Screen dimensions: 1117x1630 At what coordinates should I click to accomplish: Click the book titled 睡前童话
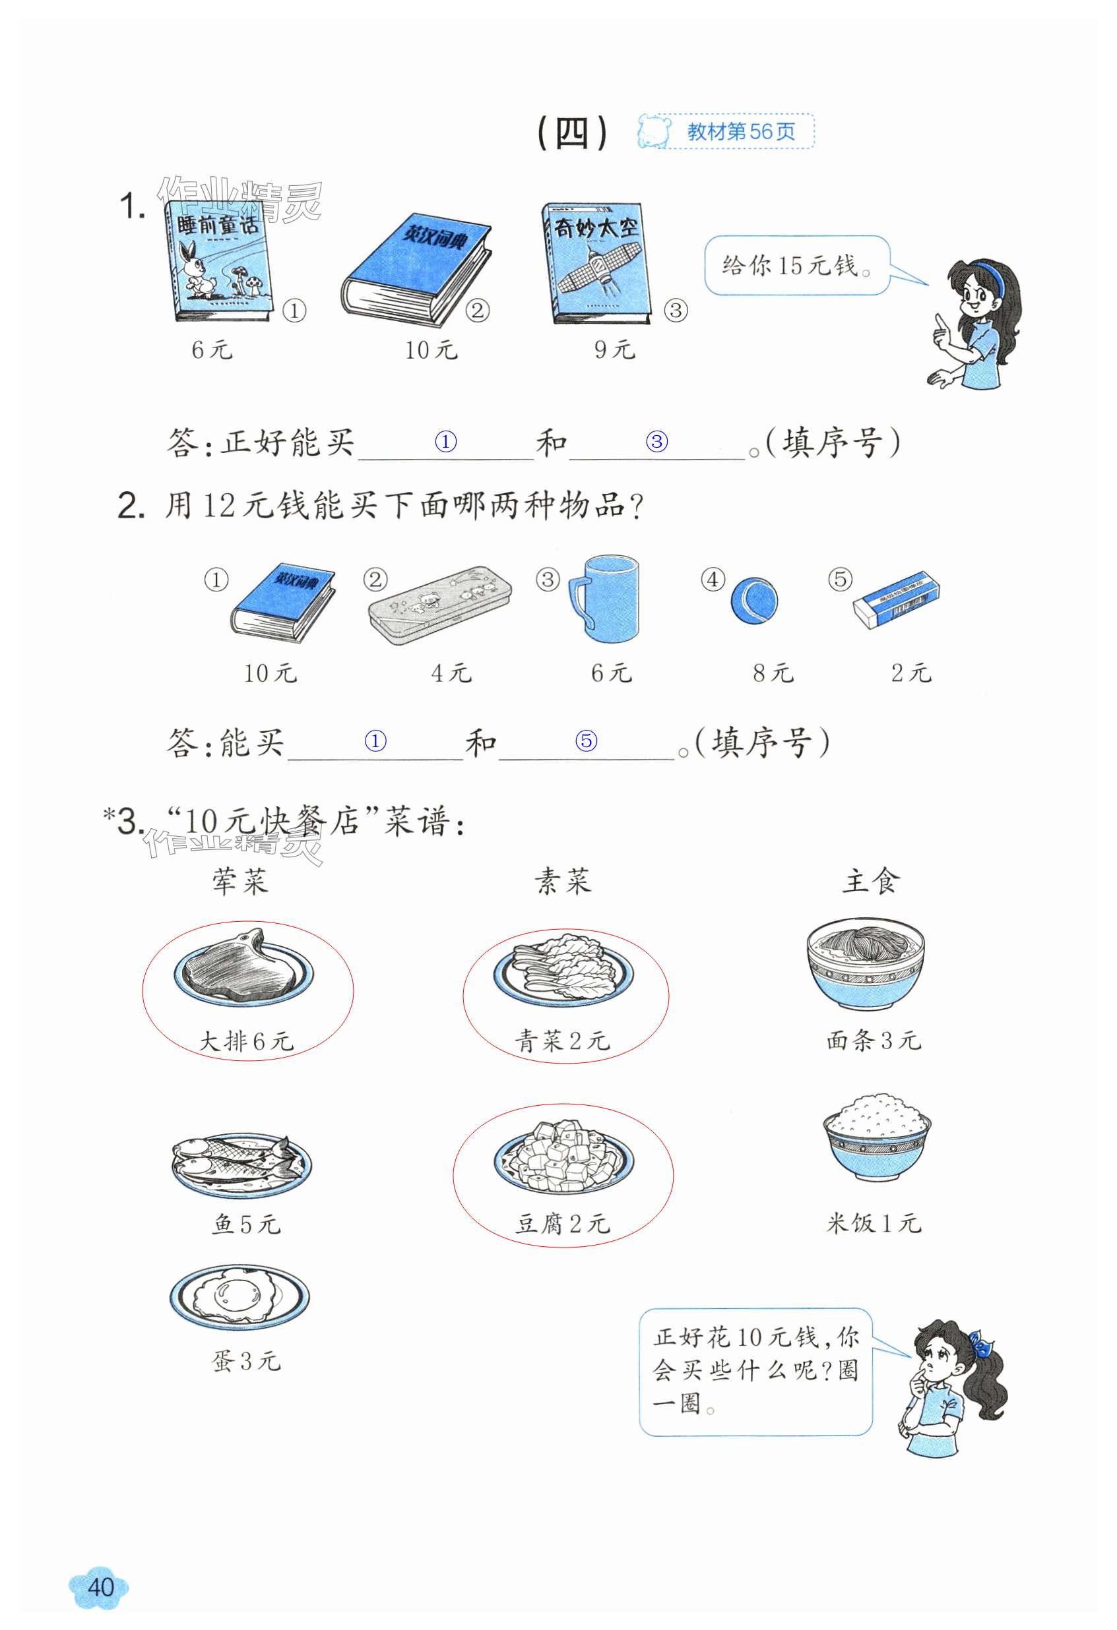pos(218,262)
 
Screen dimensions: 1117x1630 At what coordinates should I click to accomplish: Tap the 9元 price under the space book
pos(615,349)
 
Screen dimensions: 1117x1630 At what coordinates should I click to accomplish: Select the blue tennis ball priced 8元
pos(754,601)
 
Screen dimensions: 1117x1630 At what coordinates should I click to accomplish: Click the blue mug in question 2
pos(605,599)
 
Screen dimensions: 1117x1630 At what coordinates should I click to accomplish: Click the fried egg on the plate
pos(239,1296)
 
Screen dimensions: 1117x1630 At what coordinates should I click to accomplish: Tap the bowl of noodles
pos(865,965)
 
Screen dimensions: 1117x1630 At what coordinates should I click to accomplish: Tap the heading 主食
pos(870,880)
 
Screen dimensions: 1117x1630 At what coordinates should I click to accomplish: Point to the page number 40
pos(100,1586)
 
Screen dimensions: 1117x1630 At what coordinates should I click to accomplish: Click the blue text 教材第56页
pos(741,131)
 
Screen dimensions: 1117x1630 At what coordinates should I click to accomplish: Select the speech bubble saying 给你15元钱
pos(797,265)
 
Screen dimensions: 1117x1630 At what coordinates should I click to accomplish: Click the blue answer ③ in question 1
pos(656,441)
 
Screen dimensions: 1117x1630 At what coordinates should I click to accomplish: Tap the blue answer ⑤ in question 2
pos(586,740)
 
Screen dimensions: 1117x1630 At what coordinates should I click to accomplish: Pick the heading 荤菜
pos(241,881)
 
